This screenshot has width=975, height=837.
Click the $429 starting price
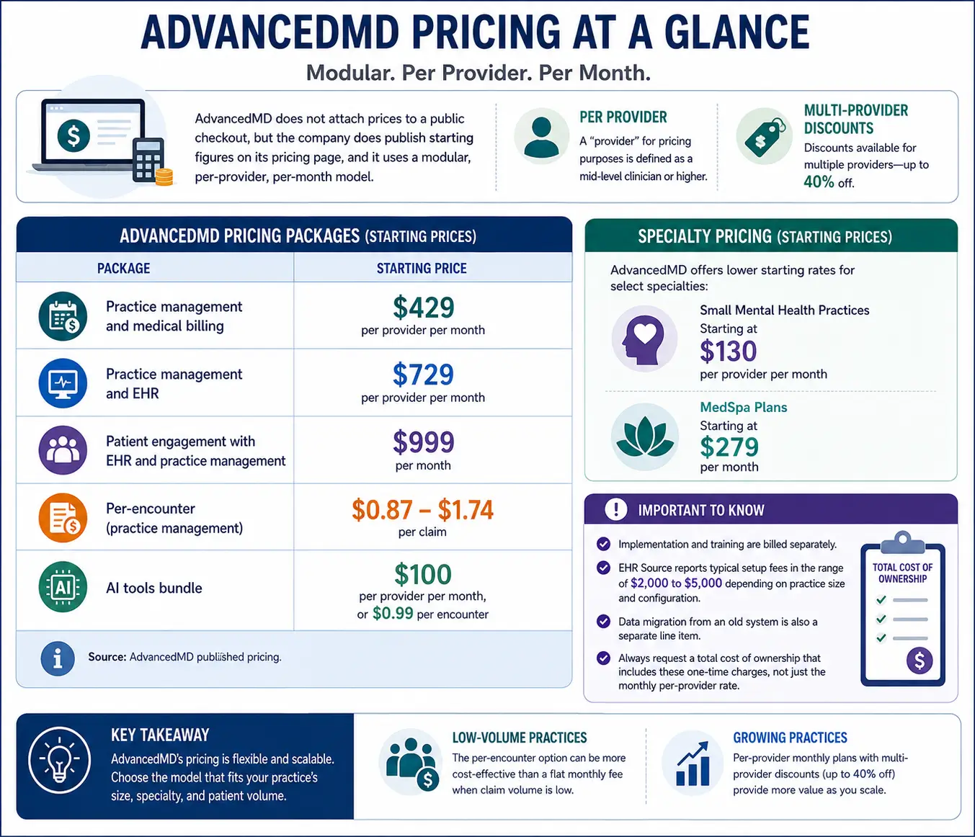[x=423, y=308]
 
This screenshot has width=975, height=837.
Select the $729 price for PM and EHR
[x=423, y=375]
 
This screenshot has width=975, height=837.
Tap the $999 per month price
[x=423, y=442]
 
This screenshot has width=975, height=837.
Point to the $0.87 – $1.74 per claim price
[x=422, y=510]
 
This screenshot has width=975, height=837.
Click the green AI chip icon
[x=63, y=587]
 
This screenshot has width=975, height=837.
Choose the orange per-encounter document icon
[x=63, y=518]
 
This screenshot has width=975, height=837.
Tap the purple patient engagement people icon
[x=63, y=450]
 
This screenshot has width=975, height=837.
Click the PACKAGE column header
[x=123, y=268]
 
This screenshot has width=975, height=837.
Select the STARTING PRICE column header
[x=422, y=268]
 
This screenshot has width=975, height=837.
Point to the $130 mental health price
[x=729, y=352]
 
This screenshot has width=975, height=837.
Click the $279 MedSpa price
[x=729, y=447]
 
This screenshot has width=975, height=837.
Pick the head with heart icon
[x=644, y=339]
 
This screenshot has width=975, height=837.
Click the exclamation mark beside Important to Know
[x=615, y=509]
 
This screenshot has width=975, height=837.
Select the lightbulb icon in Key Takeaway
[x=59, y=761]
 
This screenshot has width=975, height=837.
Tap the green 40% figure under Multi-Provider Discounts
[x=819, y=182]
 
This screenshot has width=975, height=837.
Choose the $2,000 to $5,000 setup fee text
[x=676, y=583]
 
